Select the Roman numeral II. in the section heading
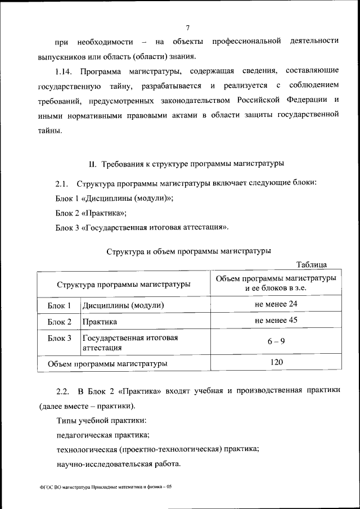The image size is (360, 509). point(93,164)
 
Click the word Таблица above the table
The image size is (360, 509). point(311,265)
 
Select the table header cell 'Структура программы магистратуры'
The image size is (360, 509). point(123,285)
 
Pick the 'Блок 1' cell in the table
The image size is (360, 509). point(59,306)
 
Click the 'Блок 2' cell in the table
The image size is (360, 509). point(59,322)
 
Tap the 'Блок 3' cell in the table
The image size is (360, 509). point(59,339)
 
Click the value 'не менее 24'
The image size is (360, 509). point(276,304)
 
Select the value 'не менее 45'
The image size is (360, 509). point(276,321)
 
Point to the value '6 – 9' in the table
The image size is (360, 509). point(276,341)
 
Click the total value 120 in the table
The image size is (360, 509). point(276,362)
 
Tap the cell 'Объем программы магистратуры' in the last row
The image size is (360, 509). point(107,364)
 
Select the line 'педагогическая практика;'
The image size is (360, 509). point(103,435)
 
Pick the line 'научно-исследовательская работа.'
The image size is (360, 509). point(119,465)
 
